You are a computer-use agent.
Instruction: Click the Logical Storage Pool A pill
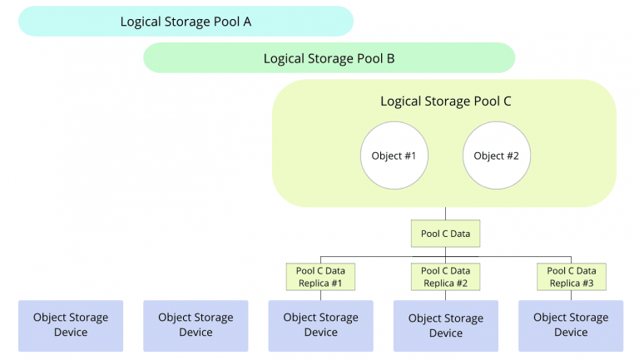click(186, 21)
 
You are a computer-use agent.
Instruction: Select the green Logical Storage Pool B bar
click(329, 58)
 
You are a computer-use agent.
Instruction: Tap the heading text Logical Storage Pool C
click(445, 101)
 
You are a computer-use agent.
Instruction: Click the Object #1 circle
click(394, 155)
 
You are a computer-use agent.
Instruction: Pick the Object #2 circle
click(497, 155)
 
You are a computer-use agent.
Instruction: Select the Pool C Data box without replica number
click(445, 234)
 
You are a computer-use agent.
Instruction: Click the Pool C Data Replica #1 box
click(320, 277)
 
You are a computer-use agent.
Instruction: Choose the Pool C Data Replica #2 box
click(445, 277)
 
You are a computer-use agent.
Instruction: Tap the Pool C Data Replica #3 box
click(572, 277)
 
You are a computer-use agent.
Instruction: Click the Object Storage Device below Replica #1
click(320, 326)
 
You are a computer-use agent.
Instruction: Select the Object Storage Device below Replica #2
click(446, 326)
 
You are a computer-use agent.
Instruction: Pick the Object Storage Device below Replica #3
click(571, 326)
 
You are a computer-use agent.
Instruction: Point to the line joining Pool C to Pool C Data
click(445, 214)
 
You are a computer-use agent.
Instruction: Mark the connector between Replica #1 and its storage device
click(320, 296)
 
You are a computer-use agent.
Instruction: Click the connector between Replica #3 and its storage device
click(572, 296)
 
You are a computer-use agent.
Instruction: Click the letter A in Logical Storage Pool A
click(247, 22)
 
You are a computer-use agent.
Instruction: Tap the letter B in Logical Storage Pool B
click(390, 59)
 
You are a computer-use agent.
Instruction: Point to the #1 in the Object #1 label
click(410, 155)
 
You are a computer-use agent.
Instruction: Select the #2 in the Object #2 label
click(513, 155)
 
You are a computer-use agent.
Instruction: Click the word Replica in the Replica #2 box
click(438, 284)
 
